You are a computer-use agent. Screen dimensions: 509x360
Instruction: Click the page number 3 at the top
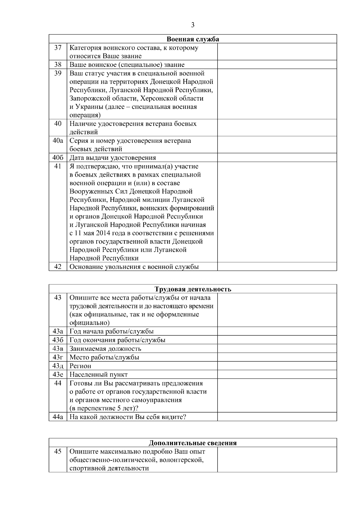pyautogui.click(x=193, y=25)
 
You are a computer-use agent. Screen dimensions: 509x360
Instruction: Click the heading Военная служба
pyautogui.click(x=193, y=39)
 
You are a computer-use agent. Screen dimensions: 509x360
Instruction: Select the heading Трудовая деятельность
pyautogui.click(x=193, y=289)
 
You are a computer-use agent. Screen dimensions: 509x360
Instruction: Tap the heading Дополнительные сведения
pyautogui.click(x=193, y=443)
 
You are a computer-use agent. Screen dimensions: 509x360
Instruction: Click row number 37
pyautogui.click(x=58, y=48)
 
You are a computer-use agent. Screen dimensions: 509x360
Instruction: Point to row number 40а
pyautogui.click(x=58, y=141)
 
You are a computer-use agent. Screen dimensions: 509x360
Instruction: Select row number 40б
pyautogui.click(x=58, y=158)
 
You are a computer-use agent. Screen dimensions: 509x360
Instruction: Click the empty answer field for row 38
pyautogui.click(x=277, y=64)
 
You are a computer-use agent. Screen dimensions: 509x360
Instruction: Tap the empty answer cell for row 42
pyautogui.click(x=277, y=267)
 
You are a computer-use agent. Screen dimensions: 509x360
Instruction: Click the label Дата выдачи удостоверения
pyautogui.click(x=113, y=158)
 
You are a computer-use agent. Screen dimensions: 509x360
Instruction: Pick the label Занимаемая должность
pyautogui.click(x=105, y=349)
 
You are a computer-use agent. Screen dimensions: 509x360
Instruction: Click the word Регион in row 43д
pyautogui.click(x=80, y=366)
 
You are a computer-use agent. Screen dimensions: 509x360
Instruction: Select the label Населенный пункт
pyautogui.click(x=99, y=375)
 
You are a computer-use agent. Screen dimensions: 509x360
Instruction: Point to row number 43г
pyautogui.click(x=58, y=357)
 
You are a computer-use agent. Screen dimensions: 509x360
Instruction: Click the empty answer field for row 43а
pyautogui.click(x=277, y=331)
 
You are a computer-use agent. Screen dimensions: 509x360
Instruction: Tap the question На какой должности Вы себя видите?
pyautogui.click(x=128, y=417)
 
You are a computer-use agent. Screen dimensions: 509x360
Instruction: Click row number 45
pyautogui.click(x=58, y=451)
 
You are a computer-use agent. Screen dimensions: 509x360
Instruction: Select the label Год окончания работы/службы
pyautogui.click(x=118, y=340)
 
